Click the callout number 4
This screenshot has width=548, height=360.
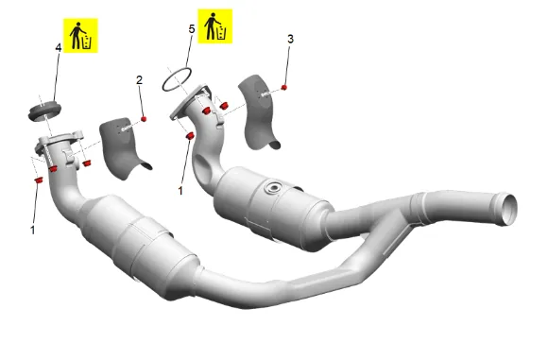click(59, 47)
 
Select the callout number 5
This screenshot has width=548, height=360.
click(192, 29)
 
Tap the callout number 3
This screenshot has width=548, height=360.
click(290, 39)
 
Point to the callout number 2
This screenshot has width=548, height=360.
click(139, 80)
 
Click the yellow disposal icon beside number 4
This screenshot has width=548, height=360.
click(80, 36)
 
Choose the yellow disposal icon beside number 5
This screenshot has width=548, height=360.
click(214, 26)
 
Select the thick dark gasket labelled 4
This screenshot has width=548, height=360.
click(44, 111)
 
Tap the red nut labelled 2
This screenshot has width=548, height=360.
click(144, 119)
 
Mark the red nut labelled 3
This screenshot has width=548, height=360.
click(283, 87)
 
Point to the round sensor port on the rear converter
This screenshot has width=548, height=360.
click(273, 188)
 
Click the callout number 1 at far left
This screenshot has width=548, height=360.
click(33, 230)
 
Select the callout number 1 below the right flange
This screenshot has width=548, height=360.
click(180, 191)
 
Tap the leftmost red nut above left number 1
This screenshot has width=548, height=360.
click(39, 180)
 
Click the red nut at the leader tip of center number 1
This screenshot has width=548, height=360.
click(190, 136)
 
